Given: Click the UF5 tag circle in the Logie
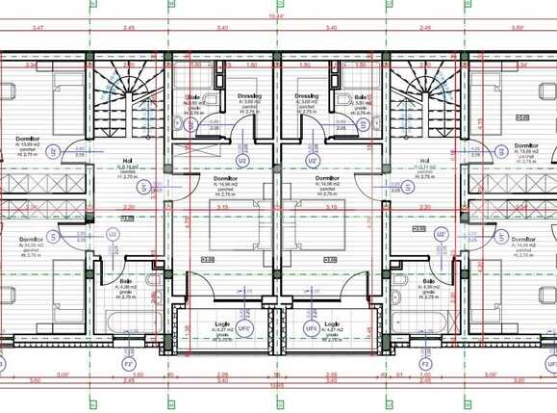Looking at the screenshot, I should [x=311, y=329].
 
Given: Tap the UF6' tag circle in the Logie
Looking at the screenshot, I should [x=244, y=329].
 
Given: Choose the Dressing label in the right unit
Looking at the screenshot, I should [x=307, y=96].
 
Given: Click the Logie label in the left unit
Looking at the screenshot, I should [x=223, y=323].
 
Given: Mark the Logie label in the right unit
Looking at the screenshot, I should [x=333, y=323].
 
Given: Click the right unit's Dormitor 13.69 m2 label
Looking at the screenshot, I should [x=525, y=146].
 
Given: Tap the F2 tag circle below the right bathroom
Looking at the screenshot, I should [x=424, y=364].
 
